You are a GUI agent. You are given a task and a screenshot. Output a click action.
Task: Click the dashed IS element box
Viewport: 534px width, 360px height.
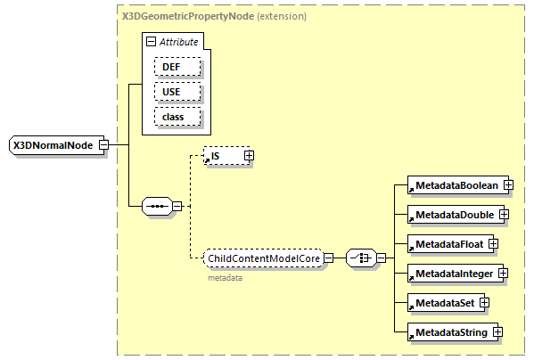pyautogui.click(x=223, y=156)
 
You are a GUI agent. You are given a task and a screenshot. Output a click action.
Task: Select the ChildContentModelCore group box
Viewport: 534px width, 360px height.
pyautogui.click(x=262, y=258)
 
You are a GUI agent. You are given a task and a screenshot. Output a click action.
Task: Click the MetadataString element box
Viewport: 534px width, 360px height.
pyautogui.click(x=448, y=332)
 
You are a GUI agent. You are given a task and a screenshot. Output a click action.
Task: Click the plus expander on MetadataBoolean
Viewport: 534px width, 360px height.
pyautogui.click(x=508, y=185)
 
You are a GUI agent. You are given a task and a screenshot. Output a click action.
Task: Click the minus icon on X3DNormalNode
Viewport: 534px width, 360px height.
pyautogui.click(x=104, y=145)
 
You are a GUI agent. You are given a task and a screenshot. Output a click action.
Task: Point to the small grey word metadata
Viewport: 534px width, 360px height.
pyautogui.click(x=226, y=277)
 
